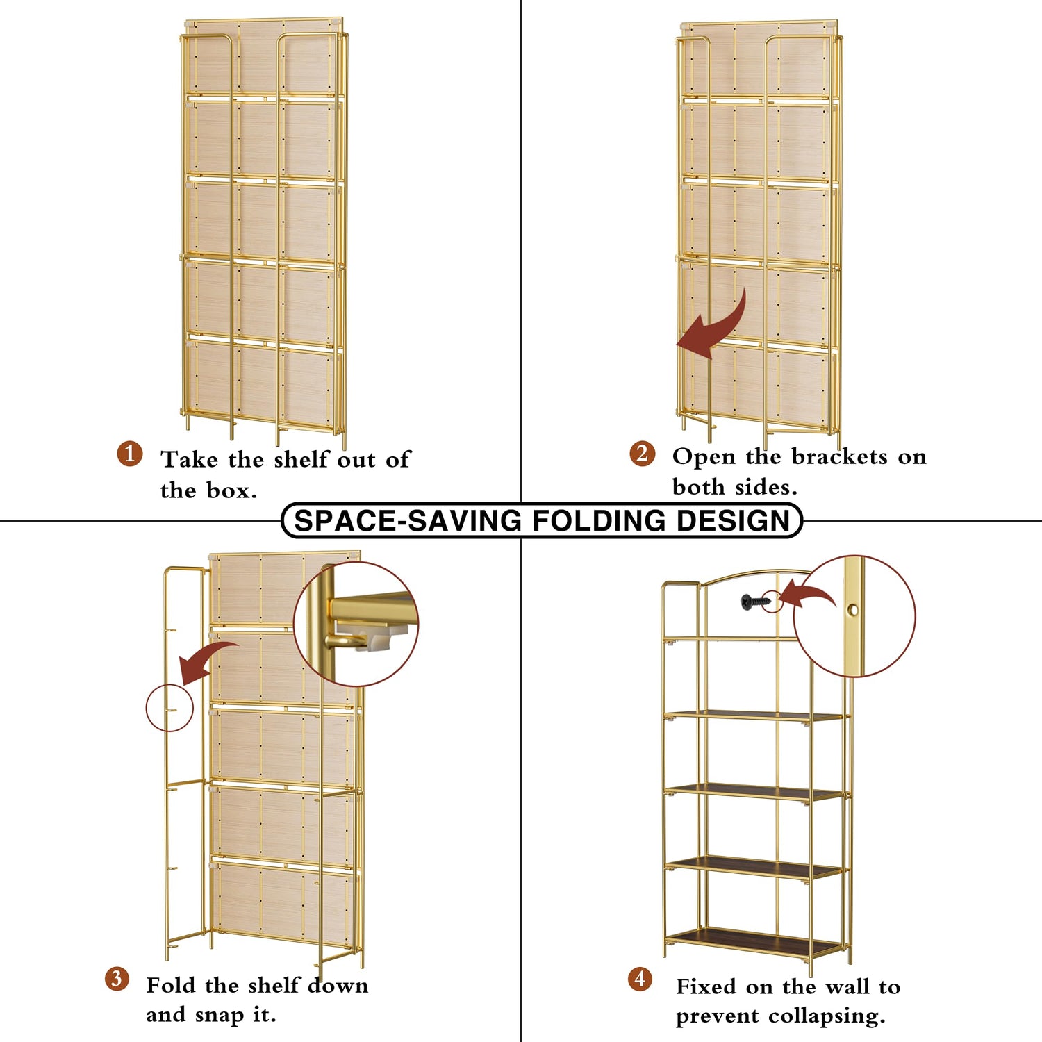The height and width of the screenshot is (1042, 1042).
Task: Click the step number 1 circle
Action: pos(130,454)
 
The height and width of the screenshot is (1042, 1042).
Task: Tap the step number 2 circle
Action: pos(643,454)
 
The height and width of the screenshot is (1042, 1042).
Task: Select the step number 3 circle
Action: pos(117,979)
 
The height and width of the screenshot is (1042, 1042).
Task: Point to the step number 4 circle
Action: pos(640,979)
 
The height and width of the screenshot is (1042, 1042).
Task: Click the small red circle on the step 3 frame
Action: pos(169,708)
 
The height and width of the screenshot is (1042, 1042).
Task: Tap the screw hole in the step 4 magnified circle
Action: pos(853,611)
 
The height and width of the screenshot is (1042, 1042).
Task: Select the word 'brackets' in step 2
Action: pos(840,456)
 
